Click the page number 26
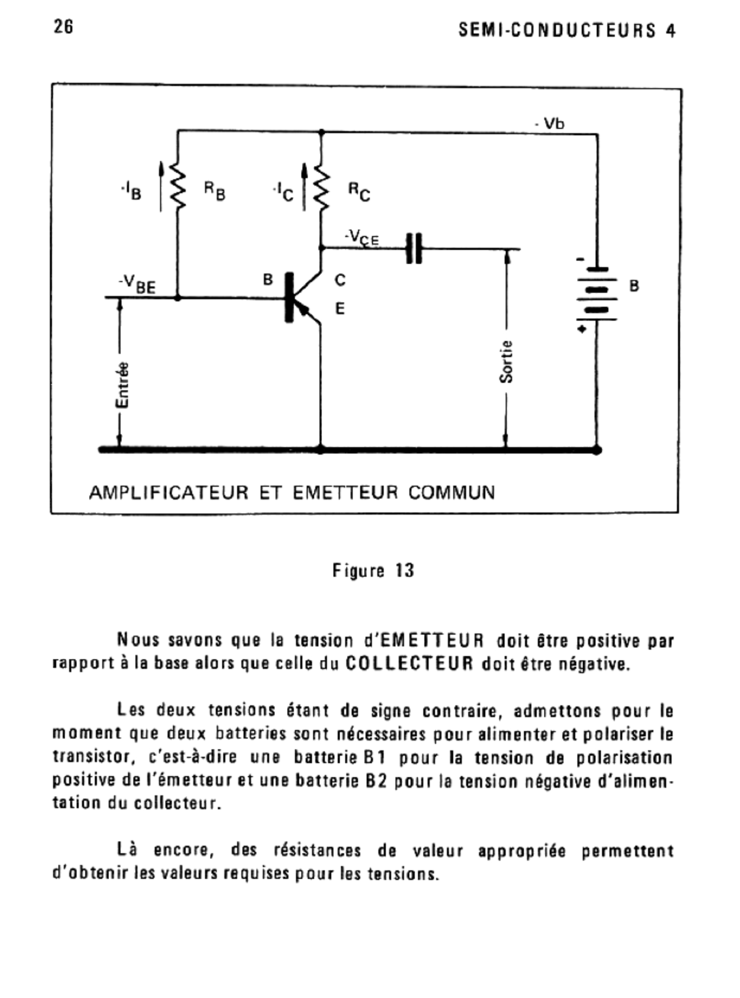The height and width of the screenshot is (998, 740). (63, 27)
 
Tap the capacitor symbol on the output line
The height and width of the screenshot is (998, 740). (414, 248)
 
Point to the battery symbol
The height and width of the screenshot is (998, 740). (597, 294)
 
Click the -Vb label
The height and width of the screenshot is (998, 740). (550, 124)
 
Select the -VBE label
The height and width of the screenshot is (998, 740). (137, 284)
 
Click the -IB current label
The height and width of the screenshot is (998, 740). (132, 191)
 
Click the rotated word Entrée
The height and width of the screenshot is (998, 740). (122, 384)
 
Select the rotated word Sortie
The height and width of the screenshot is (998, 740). (506, 362)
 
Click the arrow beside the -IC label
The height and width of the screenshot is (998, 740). (304, 186)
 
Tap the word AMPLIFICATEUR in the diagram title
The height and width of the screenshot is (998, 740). (169, 492)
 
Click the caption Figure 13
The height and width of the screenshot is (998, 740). (373, 570)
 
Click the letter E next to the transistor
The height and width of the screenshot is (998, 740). (340, 309)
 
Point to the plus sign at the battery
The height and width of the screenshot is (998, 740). (582, 330)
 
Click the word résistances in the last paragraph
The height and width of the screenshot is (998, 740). (317, 851)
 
